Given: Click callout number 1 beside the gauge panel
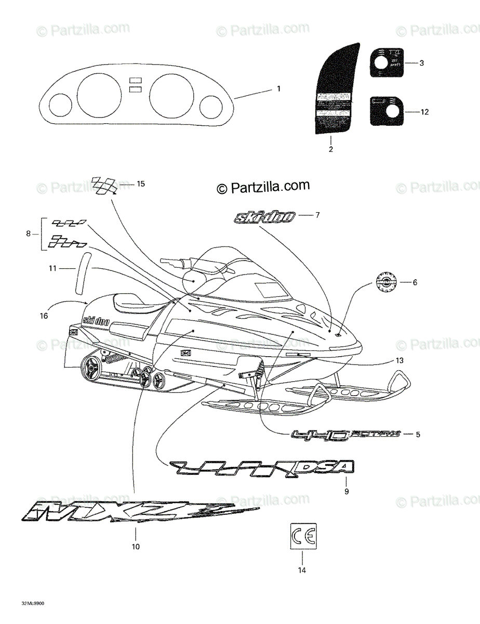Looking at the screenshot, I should pos(278,89).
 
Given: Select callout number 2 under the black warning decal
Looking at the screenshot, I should pos(330,150).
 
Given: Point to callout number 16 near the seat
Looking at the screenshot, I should pos(44,315).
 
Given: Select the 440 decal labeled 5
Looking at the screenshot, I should pos(346,435).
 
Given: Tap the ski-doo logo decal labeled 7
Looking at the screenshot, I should pos(265,217).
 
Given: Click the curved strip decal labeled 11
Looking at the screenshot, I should pos(83,275).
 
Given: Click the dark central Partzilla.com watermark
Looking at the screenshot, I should pos(263,187).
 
